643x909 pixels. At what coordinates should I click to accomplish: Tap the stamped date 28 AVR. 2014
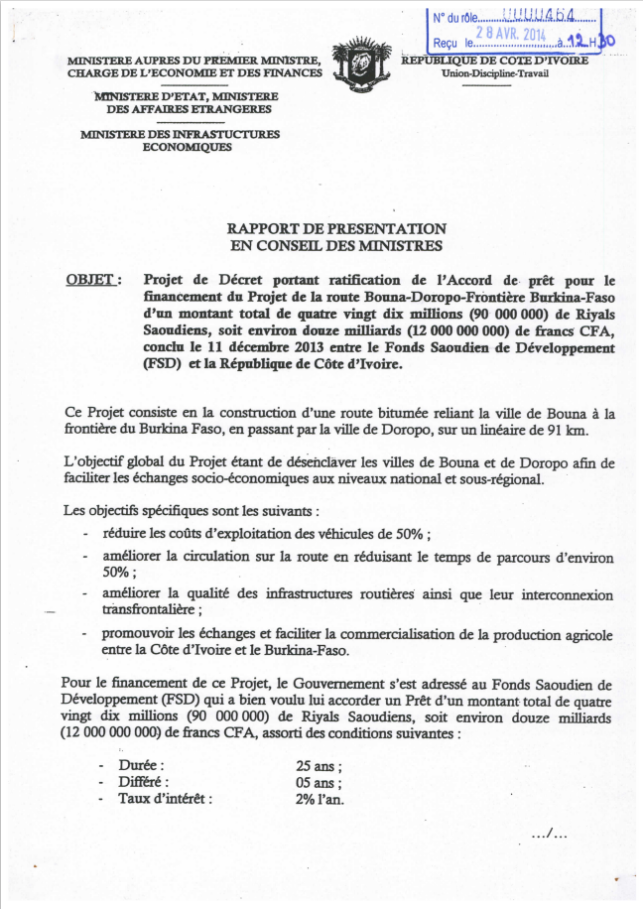coord(511,31)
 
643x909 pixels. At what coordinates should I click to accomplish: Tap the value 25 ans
coord(319,766)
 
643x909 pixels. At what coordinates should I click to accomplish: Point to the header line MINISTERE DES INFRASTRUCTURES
coord(180,134)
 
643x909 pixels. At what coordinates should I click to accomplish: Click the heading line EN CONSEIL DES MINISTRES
coord(336,245)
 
